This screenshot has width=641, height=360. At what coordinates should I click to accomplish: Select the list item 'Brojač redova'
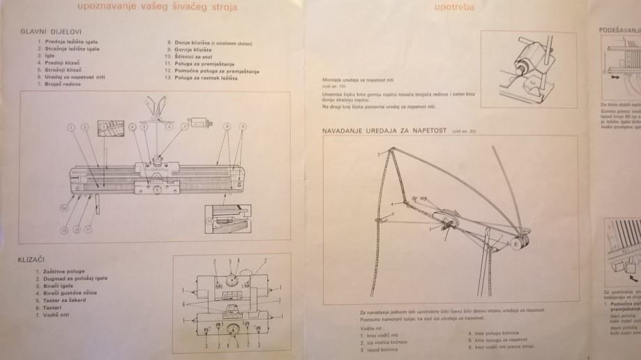point(59,84)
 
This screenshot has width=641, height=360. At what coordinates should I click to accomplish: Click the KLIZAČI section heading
point(32,260)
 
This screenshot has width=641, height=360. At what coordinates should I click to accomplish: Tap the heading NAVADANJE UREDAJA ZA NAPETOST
point(384,130)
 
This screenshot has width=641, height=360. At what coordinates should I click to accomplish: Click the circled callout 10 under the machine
point(63,207)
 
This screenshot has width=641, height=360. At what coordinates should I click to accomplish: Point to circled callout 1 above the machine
point(70,128)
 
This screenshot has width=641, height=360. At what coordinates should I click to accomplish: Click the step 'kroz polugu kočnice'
point(497,332)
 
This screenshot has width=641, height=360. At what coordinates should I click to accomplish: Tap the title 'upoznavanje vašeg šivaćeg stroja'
point(157,8)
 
